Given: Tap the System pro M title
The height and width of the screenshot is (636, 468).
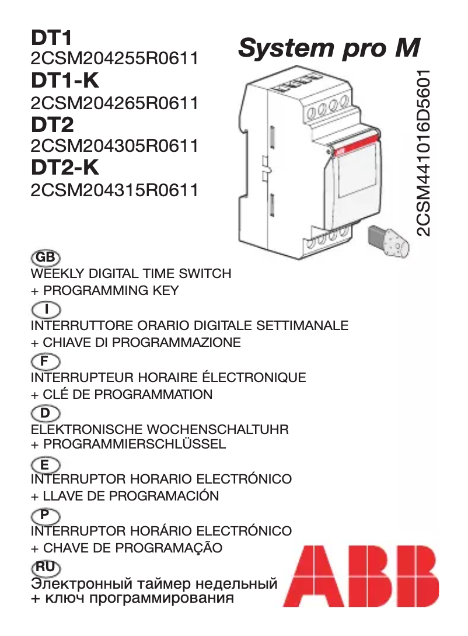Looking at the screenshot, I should tap(329, 48).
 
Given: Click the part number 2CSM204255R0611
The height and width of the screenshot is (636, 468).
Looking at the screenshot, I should tap(114, 59).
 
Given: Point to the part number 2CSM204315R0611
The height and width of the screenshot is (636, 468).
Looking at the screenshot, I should tap(114, 190).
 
